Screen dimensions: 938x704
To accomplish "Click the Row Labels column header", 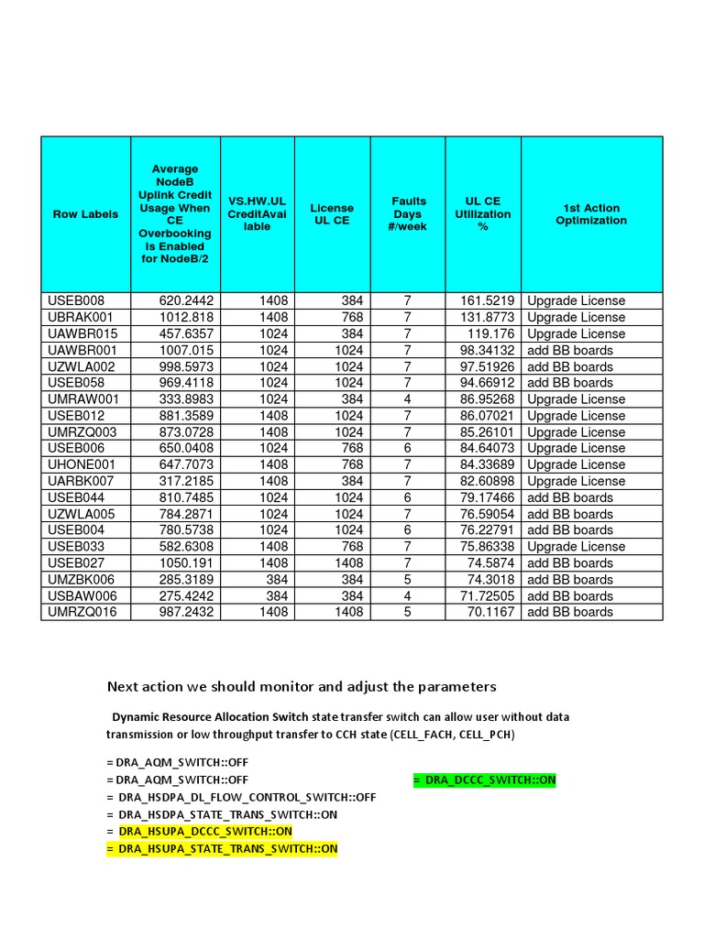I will pyautogui.click(x=85, y=214).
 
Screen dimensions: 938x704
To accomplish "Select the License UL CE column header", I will pyautogui.click(x=332, y=214).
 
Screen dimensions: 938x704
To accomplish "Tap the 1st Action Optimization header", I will pyautogui.click(x=591, y=214).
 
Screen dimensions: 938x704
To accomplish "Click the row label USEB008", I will pyautogui.click(x=76, y=300).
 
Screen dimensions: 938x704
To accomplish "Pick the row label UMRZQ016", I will pyautogui.click(x=82, y=612).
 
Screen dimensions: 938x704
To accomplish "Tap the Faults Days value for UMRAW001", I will pyautogui.click(x=408, y=399).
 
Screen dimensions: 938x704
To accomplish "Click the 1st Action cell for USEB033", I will pyautogui.click(x=576, y=546).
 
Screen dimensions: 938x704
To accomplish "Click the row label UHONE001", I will pyautogui.click(x=82, y=464).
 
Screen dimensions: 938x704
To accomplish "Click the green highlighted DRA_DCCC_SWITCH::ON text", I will pyautogui.click(x=484, y=780).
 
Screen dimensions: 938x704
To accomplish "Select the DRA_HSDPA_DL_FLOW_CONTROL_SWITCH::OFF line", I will pyautogui.click(x=241, y=797).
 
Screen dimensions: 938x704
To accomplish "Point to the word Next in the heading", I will pyautogui.click(x=123, y=686).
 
